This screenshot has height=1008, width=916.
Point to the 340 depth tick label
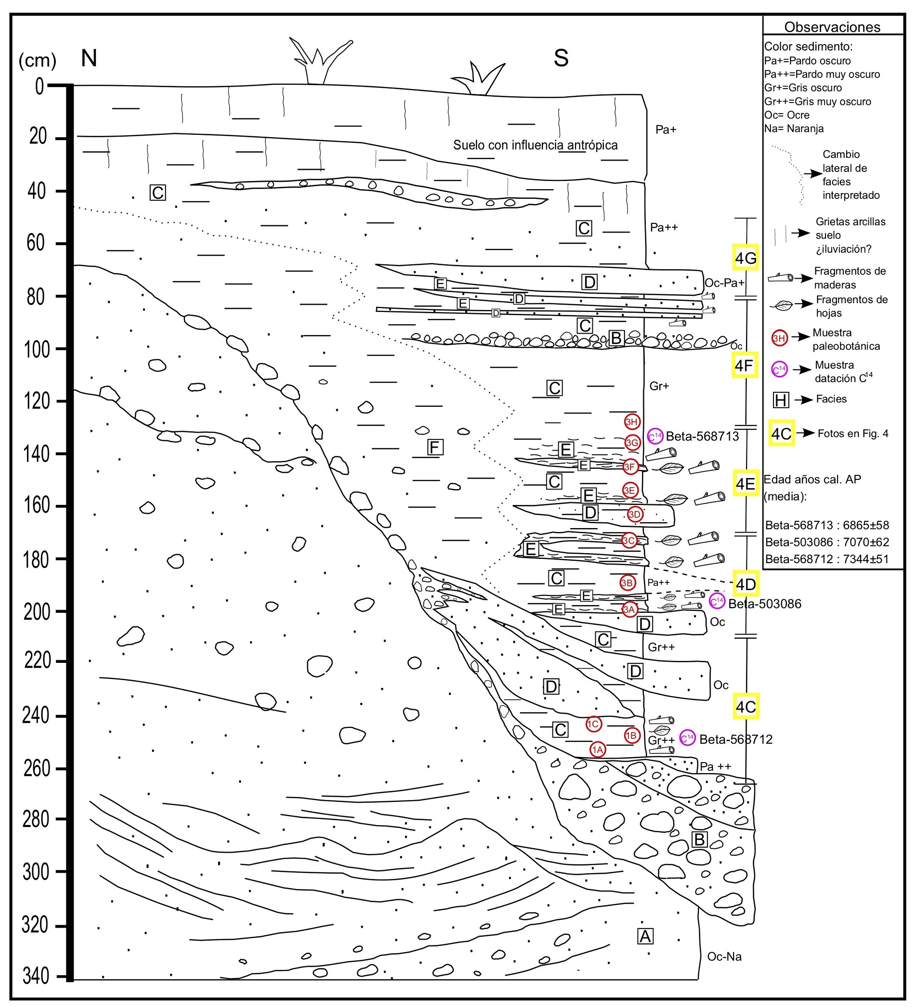36,976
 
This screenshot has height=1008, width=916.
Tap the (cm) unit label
37,61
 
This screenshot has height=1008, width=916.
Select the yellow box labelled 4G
746,258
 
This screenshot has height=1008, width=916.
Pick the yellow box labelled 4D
746,584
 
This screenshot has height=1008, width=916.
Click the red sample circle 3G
632,442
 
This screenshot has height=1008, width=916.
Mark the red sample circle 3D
634,514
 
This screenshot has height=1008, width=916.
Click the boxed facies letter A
645,936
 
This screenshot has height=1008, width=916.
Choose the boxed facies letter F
435,447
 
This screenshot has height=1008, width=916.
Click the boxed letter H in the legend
781,400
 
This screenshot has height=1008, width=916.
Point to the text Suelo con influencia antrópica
535,145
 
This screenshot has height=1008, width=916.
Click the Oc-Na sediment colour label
724,956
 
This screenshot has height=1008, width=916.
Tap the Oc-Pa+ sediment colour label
724,283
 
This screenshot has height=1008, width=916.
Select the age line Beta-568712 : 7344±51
826,559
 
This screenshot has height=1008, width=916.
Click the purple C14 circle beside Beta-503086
717,601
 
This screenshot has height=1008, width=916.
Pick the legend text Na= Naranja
793,129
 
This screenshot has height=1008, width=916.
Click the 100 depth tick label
37,349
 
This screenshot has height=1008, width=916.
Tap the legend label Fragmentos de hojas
851,306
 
